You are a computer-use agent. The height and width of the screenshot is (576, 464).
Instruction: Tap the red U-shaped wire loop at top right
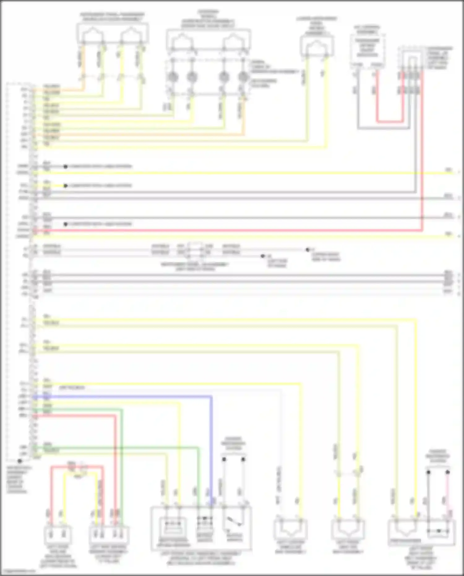pos(390,121)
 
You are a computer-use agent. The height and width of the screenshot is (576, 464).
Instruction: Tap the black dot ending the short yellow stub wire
pos(66,186)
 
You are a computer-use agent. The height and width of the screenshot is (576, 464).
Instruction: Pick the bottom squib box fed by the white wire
pos(290,530)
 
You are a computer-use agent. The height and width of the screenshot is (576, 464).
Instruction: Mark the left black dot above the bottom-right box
pos(428,472)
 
